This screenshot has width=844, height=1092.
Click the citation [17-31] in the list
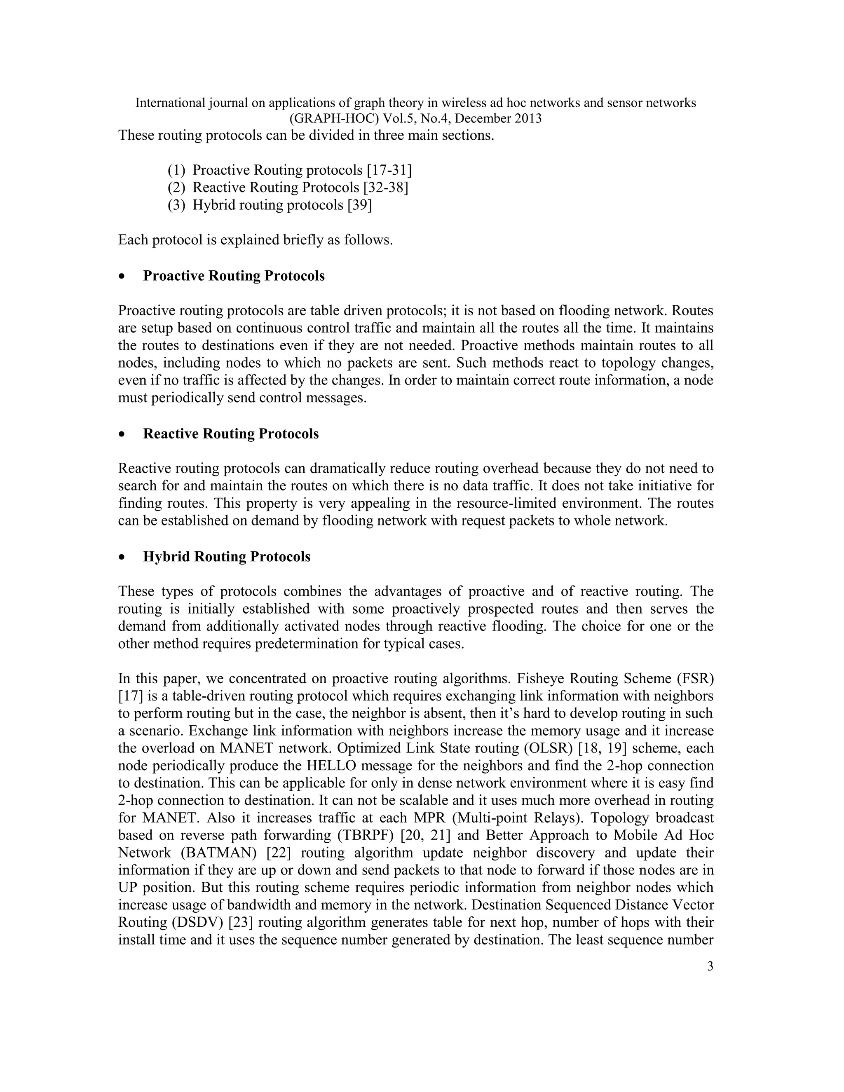click(389, 171)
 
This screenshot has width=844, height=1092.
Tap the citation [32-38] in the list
click(386, 187)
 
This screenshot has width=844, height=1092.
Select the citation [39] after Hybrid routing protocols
click(359, 205)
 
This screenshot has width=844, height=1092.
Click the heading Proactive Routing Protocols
click(234, 276)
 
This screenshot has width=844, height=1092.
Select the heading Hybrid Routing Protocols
click(227, 556)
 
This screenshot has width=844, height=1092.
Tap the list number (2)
click(176, 187)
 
